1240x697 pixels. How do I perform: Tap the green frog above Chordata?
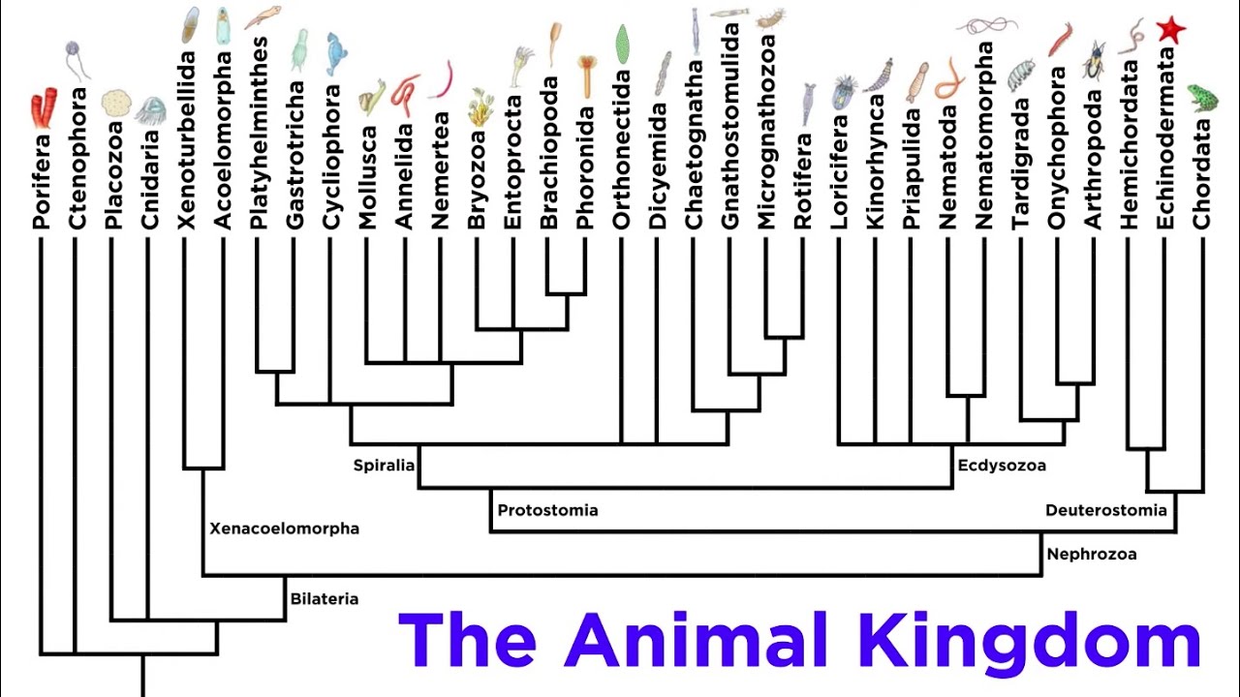pos(1202,97)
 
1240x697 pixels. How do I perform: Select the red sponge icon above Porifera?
pos(43,106)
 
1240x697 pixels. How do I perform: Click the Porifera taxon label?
pos(40,178)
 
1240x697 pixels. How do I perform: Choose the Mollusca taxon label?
pos(367,177)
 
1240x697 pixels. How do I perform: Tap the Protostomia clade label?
pos(547,510)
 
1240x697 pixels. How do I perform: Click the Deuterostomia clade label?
pos(1106,510)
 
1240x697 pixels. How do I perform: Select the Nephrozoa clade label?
pos(1092,555)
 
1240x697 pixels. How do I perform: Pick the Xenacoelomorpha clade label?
pos(284,529)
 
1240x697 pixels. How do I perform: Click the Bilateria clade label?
pos(325,599)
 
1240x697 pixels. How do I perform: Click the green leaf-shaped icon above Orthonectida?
pos(623,45)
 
